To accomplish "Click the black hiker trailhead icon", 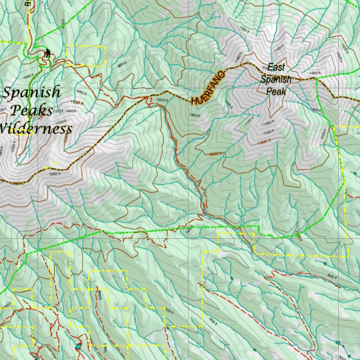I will pyautogui.click(x=47, y=53).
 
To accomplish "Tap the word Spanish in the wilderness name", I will pyautogui.click(x=32, y=92).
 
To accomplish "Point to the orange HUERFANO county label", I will pyautogui.click(x=207, y=88).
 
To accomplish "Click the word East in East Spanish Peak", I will pyautogui.click(x=276, y=67).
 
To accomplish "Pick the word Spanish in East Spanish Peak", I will pyautogui.click(x=276, y=79).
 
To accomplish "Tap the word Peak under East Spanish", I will pyautogui.click(x=276, y=92).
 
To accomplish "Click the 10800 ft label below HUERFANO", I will pyautogui.click(x=194, y=115).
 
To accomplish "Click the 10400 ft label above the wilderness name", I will pyautogui.click(x=27, y=77).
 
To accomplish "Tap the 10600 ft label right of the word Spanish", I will pyautogui.click(x=80, y=92).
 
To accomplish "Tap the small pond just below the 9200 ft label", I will pyautogui.click(x=168, y=328).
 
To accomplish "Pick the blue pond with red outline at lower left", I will pyautogui.click(x=78, y=346).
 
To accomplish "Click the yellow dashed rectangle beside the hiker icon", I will pyautogui.click(x=86, y=56).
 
